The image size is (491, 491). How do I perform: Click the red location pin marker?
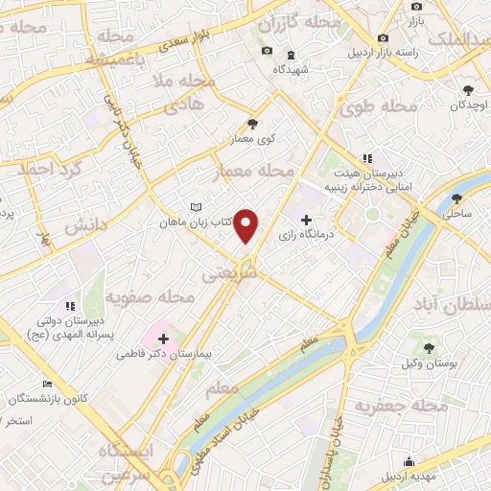tap(247, 225)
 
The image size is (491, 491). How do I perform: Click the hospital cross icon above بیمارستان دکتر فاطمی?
tap(163, 339)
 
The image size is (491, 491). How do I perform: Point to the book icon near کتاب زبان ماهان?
tap(196, 207)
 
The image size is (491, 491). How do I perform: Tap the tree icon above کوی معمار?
tap(252, 124)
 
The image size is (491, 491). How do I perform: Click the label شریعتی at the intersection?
tap(231, 273)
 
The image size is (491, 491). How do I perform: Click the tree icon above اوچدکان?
tap(466, 89)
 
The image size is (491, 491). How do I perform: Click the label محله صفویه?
tap(151, 297)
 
